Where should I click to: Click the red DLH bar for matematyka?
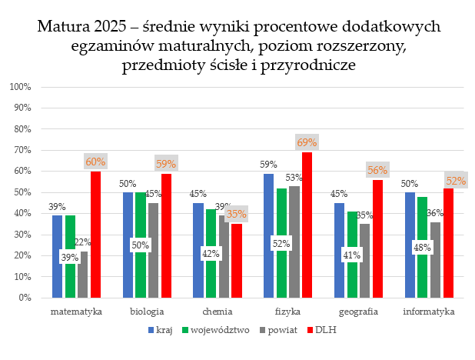click(x=96, y=234)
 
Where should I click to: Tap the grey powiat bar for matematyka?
click(x=83, y=274)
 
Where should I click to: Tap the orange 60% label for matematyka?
click(x=96, y=162)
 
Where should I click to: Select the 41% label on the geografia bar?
click(x=352, y=255)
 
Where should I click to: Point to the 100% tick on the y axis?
click(x=19, y=87)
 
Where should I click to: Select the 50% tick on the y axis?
click(x=21, y=192)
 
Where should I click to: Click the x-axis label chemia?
click(x=218, y=312)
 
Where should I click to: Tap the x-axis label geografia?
click(x=358, y=312)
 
